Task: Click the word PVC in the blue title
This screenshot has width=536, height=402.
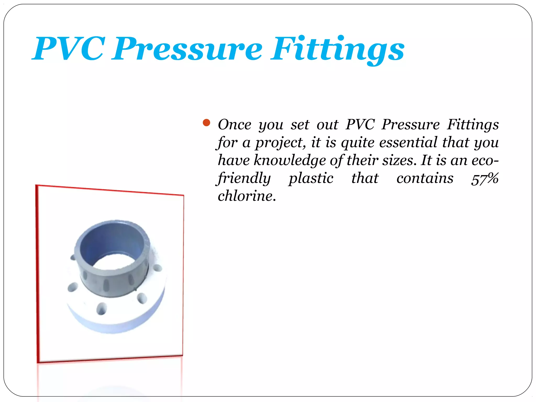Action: click(69, 49)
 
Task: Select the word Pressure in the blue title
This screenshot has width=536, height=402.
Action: click(187, 49)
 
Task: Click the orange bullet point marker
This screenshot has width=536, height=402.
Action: click(206, 122)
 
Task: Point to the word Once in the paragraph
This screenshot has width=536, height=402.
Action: click(234, 125)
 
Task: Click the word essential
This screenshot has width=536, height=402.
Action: click(408, 142)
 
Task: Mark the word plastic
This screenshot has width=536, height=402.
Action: click(311, 178)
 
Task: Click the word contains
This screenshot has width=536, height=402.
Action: click(425, 178)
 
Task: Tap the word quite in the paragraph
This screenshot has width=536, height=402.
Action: click(358, 143)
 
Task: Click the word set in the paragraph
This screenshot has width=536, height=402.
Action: click(300, 125)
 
